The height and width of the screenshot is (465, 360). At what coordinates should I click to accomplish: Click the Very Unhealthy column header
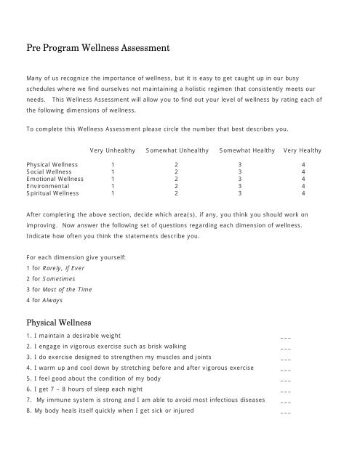[x=113, y=150]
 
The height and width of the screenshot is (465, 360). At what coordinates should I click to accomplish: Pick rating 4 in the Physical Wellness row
[x=303, y=165]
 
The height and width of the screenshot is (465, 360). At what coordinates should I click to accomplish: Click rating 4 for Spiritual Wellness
[x=303, y=194]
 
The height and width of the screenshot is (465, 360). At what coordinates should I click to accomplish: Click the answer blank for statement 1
[x=286, y=337]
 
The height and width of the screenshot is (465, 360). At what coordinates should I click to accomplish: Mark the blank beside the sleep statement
[x=286, y=392]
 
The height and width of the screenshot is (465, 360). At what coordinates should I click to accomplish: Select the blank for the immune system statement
[x=286, y=403]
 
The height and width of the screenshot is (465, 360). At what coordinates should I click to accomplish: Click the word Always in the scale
[x=53, y=300]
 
